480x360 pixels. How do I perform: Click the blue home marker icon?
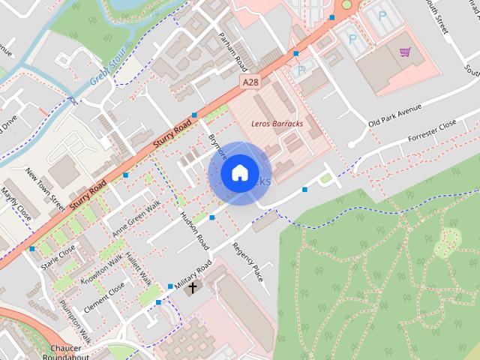[x=238, y=173]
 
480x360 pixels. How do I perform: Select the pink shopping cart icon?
[x=405, y=52]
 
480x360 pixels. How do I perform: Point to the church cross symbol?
[x=193, y=287]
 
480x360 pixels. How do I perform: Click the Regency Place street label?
[x=247, y=262]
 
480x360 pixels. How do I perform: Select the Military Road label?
[x=193, y=277]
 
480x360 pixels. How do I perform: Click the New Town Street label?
[x=45, y=187]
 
